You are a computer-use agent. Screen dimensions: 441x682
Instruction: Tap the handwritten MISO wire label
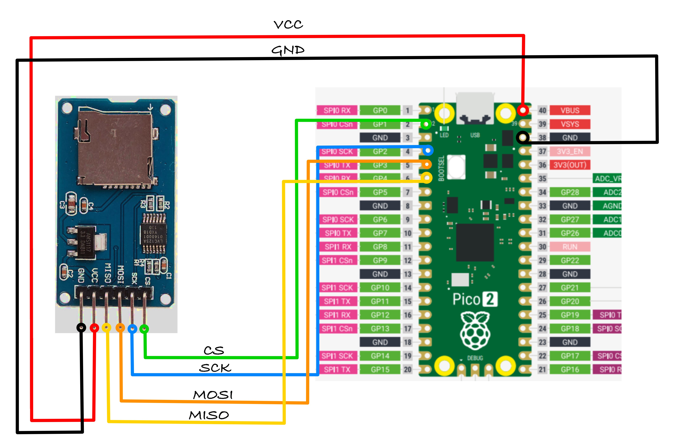pyautogui.click(x=209, y=415)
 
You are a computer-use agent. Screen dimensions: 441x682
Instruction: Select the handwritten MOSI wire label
pyautogui.click(x=213, y=395)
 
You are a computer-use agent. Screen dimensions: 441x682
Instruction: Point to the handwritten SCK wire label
pyautogui.click(x=215, y=368)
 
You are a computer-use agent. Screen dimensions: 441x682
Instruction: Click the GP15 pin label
pyautogui.click(x=380, y=369)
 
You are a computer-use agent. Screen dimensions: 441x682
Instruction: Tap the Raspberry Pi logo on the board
pyautogui.click(x=475, y=331)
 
